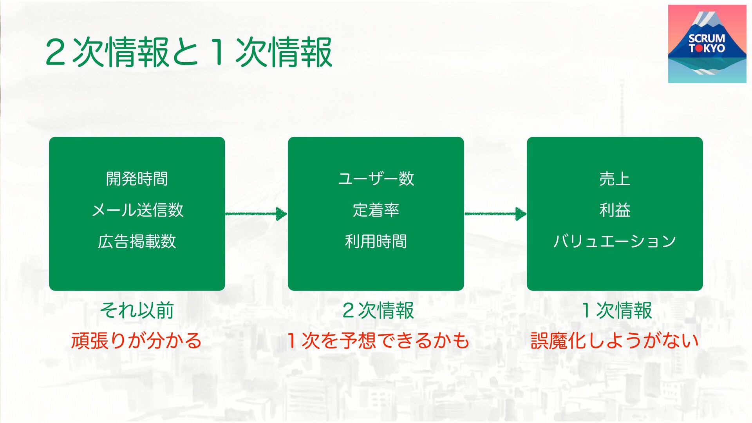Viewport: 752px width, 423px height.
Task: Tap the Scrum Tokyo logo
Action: (707, 44)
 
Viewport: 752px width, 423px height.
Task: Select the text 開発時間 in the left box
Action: (137, 179)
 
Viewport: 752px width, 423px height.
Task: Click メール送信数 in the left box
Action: (137, 210)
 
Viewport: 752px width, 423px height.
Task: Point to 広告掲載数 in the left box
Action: (137, 242)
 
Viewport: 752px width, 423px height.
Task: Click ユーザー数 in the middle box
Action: (376, 179)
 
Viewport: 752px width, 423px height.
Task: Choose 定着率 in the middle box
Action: (376, 210)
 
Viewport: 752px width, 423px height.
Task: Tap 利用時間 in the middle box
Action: (376, 242)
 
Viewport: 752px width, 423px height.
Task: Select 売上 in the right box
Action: (615, 179)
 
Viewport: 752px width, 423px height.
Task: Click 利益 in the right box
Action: (615, 210)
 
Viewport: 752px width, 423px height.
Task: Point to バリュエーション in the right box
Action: (615, 241)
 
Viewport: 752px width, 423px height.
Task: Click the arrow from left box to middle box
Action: (257, 214)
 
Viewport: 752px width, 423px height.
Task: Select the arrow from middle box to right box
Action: (495, 214)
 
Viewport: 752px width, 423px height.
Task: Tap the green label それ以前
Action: (137, 311)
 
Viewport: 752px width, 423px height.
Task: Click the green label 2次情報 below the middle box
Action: (378, 311)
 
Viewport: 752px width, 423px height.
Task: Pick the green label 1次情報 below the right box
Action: (616, 311)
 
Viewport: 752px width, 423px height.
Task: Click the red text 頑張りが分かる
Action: (136, 340)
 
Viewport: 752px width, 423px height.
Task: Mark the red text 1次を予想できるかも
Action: (378, 340)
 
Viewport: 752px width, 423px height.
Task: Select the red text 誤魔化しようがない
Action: (615, 340)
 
